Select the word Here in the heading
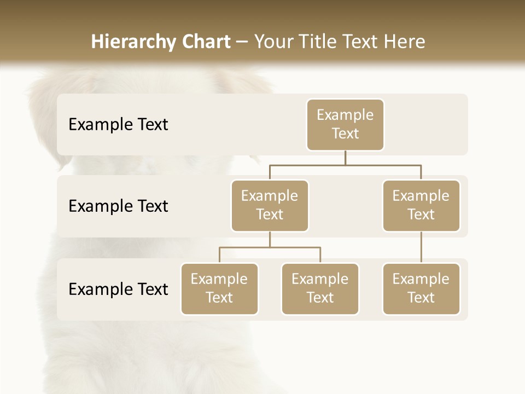[405, 42]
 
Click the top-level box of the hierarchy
[345, 124]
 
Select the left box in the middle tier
[270, 205]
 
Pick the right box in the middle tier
[421, 205]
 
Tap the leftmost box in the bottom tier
[219, 288]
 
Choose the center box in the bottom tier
[320, 288]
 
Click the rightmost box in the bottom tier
[421, 288]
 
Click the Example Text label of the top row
[118, 125]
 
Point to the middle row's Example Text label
[118, 206]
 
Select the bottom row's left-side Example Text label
[118, 289]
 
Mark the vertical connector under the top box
[345, 158]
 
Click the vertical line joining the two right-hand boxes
[421, 247]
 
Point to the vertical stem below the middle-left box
[270, 239]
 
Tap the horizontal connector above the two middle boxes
[345, 165]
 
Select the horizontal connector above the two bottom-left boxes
[270, 247]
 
